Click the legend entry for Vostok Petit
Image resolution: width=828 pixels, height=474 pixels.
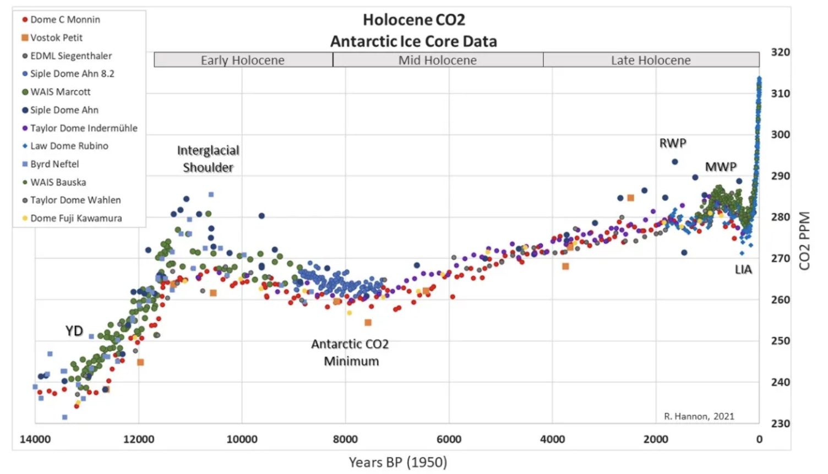click(56, 37)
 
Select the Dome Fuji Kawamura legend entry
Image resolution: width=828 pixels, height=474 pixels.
click(75, 218)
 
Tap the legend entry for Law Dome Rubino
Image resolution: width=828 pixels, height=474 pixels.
click(69, 146)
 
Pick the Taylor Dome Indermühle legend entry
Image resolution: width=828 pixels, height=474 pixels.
click(83, 128)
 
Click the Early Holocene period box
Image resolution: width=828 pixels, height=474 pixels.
click(243, 60)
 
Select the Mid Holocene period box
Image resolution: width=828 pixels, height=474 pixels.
click(438, 60)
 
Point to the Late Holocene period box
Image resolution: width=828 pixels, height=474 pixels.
click(651, 60)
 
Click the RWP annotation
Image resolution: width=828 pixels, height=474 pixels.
click(673, 143)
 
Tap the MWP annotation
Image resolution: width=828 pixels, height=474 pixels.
click(721, 167)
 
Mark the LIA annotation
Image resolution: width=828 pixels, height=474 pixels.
click(743, 269)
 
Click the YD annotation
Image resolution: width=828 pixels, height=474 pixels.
click(74, 331)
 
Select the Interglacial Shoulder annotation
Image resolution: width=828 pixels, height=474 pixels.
click(208, 159)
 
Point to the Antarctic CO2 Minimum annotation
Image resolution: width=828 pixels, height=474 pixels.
click(351, 352)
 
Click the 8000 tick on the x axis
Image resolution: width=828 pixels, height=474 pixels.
click(345, 439)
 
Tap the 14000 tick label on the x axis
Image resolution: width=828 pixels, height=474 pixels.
click(35, 439)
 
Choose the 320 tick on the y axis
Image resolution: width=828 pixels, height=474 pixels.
click(780, 52)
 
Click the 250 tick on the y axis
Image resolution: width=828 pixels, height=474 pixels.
click(780, 341)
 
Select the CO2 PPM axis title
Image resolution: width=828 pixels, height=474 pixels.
click(804, 241)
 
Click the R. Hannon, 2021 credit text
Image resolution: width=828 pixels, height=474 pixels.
click(699, 416)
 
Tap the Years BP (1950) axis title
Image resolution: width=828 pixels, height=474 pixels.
click(397, 462)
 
